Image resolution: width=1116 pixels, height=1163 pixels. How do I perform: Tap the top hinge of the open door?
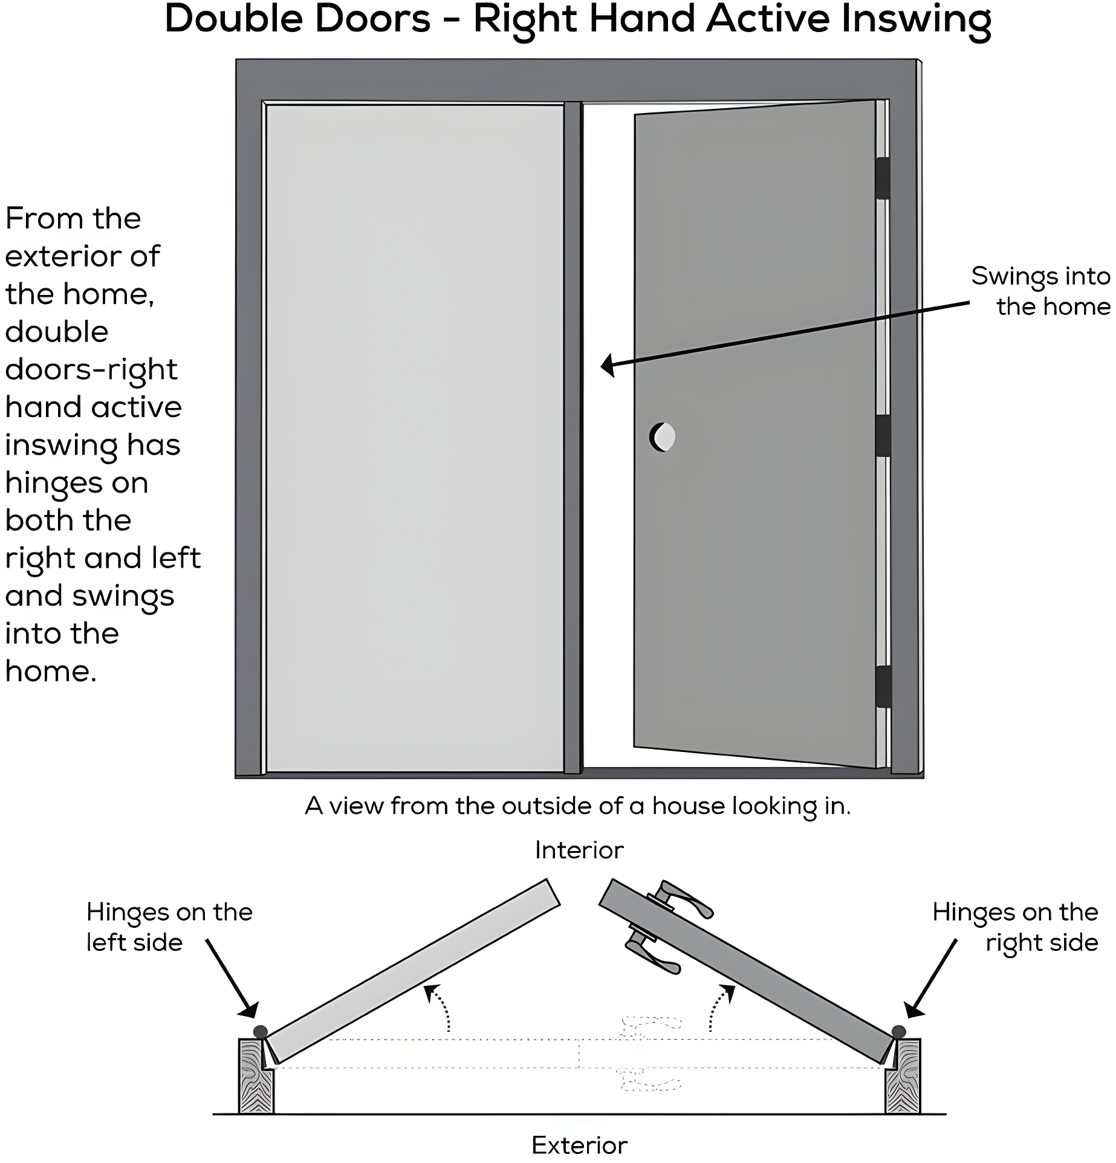coord(883,178)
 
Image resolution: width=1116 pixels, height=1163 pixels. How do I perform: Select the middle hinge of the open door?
coord(883,435)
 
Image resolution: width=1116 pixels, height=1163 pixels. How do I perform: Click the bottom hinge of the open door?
coord(883,686)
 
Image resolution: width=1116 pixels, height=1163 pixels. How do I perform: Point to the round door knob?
coord(663,436)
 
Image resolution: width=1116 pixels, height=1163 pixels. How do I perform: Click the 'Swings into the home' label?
coord(1041,291)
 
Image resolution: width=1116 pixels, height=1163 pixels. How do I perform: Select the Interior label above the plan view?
coord(579,850)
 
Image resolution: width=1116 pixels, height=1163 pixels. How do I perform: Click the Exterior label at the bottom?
coord(579,1145)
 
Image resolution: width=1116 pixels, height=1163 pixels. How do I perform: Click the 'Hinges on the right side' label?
coord(1016,927)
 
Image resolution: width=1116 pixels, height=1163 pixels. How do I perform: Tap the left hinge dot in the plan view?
coord(260,1032)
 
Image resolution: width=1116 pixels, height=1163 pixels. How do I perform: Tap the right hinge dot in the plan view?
coord(899,1032)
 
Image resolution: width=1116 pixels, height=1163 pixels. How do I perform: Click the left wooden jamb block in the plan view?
coord(256,1079)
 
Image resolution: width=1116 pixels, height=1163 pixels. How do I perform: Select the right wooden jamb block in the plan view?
coord(903,1079)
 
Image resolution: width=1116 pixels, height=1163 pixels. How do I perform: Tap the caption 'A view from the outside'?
coord(577,806)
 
